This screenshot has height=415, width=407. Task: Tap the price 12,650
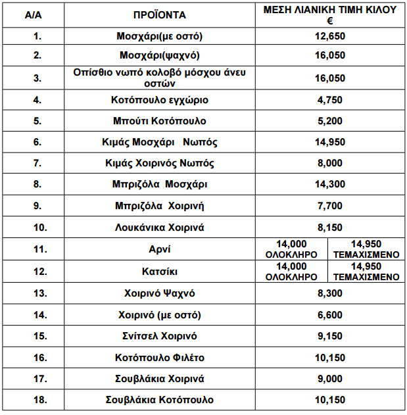(329, 36)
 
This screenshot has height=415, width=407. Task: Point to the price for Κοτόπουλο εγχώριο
(329, 100)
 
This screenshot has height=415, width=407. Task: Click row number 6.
(37, 142)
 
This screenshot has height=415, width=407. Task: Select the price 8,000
(329, 163)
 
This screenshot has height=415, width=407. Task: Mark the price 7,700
(329, 206)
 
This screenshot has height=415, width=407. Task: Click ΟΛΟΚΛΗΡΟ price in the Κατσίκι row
(291, 272)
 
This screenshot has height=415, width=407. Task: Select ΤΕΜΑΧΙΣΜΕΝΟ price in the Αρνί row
(366, 249)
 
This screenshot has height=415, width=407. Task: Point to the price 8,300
(329, 293)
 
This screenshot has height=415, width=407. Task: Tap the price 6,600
(329, 315)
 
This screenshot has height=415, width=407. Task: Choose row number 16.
(37, 357)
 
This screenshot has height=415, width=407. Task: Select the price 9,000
(329, 378)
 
